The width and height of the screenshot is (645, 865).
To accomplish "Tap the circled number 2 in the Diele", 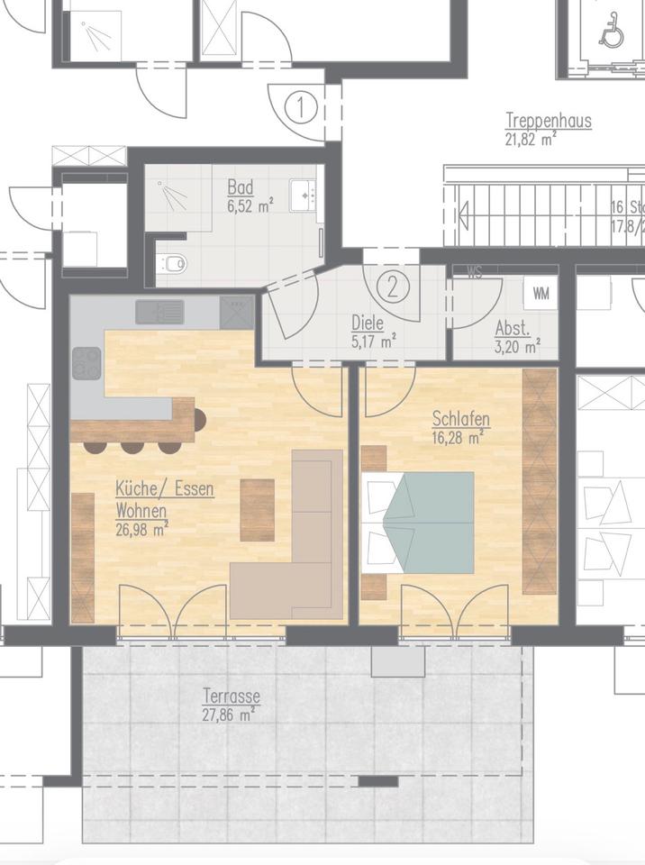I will point(393,287).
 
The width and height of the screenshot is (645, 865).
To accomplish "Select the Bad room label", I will point(241,187).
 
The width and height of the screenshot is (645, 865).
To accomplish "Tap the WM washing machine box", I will point(541,294).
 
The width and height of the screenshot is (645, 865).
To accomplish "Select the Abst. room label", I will point(512,328).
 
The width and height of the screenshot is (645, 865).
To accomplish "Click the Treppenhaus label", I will point(549,121).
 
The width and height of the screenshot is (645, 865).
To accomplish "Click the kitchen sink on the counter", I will point(159,312).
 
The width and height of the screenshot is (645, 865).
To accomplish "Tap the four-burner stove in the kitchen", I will point(87,363).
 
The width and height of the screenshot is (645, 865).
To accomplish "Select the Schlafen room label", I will point(460,419).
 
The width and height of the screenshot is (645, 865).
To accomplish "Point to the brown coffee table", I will point(257,509).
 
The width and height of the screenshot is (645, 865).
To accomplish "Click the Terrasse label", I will point(232,697).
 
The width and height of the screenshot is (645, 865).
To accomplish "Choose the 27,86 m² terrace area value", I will point(228,715).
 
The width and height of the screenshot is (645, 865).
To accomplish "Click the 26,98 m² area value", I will point(141,529).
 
